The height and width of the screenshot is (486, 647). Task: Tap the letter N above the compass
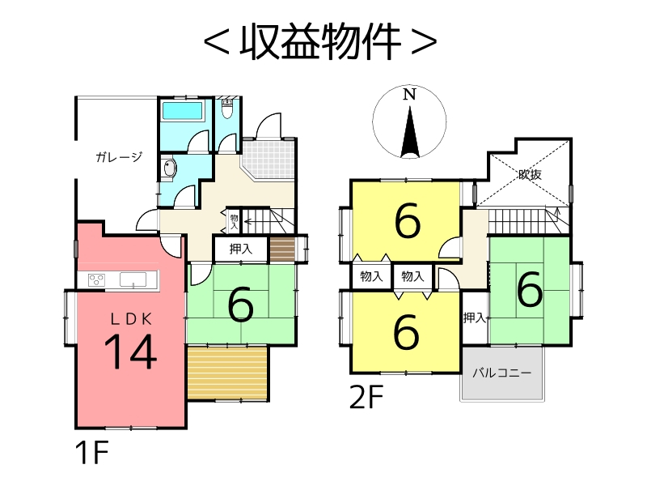410,94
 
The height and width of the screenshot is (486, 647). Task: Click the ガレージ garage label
119,157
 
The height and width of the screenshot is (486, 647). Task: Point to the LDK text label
131,318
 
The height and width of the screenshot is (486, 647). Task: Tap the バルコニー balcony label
501,373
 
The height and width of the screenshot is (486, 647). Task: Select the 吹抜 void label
530,173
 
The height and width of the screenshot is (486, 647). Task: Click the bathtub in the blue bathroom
184,111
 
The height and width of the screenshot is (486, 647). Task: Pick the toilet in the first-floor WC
227,109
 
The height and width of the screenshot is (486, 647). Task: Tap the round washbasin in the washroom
169,169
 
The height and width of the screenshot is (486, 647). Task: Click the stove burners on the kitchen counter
97,280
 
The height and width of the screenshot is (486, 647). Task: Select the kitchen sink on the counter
133,279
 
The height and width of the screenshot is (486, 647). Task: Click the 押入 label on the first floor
241,249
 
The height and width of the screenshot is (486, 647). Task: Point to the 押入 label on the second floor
474,318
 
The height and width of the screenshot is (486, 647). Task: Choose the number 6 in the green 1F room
240,305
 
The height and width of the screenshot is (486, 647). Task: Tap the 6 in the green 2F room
530,290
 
